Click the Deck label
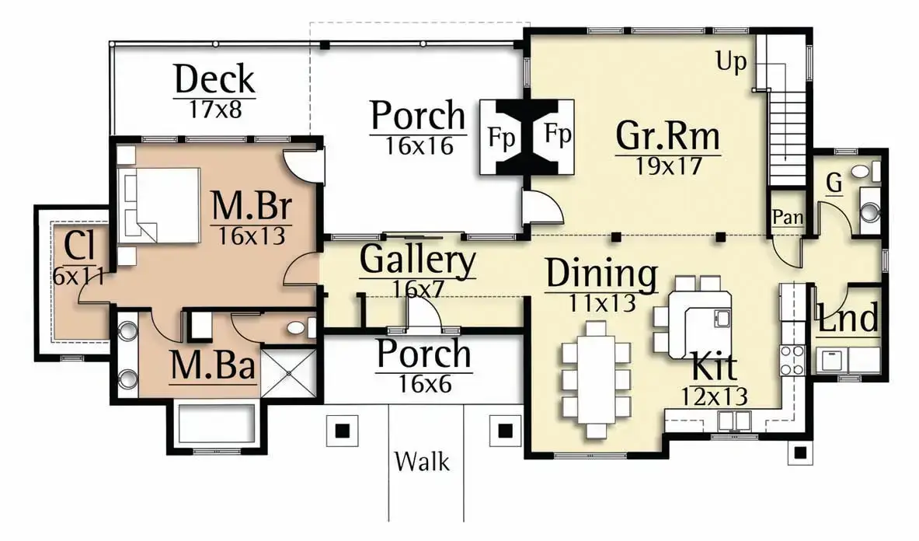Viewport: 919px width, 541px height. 214,79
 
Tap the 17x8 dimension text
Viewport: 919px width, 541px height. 214,109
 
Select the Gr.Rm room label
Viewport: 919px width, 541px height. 667,135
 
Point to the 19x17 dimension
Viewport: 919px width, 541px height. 669,166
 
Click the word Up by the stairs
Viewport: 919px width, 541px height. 732,61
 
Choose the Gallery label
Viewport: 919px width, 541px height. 417,259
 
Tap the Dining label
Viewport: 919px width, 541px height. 601,274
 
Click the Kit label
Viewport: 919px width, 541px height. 715,367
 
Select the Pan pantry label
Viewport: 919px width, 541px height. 788,217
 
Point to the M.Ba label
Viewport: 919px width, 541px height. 213,365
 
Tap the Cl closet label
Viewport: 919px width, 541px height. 79,246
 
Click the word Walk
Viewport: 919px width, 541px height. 422,461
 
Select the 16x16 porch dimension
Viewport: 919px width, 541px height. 419,146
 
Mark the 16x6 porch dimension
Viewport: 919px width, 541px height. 425,384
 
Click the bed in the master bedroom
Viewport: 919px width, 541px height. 158,205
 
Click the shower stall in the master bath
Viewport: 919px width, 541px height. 287,373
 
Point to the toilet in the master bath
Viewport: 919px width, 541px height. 299,328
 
